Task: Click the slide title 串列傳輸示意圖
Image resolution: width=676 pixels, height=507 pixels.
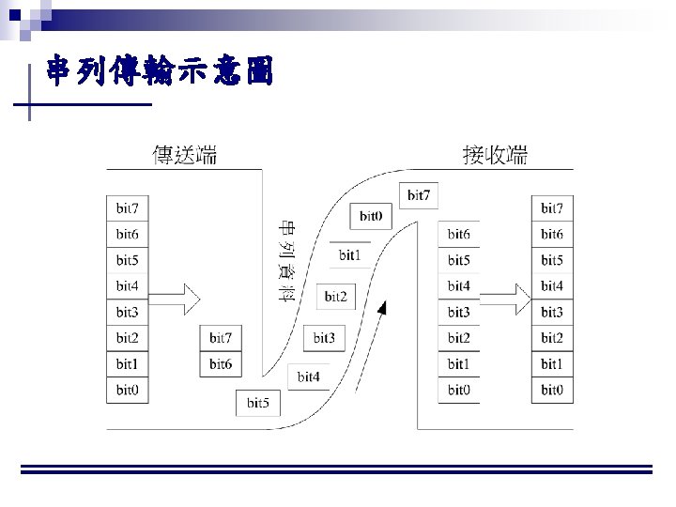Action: [160, 72]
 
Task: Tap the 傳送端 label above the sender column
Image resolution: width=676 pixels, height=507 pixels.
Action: [185, 155]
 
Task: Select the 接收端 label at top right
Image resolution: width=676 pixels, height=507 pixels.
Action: [495, 155]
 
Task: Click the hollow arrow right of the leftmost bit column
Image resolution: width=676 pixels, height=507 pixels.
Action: [176, 300]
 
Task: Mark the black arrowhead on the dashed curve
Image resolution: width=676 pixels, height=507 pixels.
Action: [382, 309]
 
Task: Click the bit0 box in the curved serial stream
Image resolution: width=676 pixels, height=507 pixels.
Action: [370, 216]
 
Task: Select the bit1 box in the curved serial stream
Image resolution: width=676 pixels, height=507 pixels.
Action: [349, 254]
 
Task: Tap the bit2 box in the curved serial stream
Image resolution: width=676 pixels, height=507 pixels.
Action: [335, 297]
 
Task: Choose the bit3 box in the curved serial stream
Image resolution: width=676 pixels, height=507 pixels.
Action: [324, 338]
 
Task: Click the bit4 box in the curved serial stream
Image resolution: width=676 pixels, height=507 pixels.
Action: [309, 376]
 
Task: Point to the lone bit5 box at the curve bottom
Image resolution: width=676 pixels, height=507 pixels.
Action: [258, 403]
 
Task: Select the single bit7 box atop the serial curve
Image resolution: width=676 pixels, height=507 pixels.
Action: [419, 195]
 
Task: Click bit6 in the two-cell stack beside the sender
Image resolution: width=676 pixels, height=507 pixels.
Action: [221, 363]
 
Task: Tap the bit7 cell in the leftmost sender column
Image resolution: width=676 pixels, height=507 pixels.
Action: [127, 207]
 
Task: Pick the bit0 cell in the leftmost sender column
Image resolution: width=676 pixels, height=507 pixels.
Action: [127, 390]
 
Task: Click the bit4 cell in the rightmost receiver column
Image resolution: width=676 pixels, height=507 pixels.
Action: [552, 285]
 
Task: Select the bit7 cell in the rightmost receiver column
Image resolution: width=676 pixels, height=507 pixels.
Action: [552, 207]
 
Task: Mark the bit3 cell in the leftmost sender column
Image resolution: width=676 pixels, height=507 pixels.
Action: [127, 312]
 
